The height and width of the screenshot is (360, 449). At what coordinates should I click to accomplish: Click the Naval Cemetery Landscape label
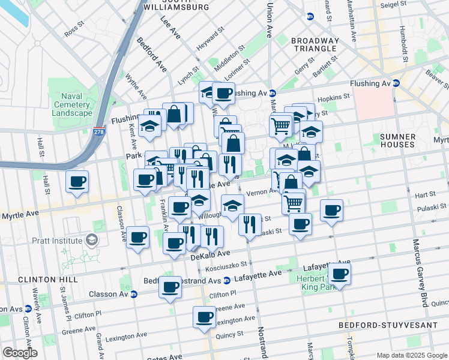(72, 105)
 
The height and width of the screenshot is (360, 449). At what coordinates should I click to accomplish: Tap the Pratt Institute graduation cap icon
(91, 241)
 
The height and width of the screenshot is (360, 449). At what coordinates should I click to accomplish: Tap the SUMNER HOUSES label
(397, 141)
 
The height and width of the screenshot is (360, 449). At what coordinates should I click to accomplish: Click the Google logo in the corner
(20, 353)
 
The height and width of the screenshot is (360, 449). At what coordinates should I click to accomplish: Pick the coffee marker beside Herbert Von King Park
(340, 274)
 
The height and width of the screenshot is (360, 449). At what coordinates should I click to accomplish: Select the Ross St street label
(74, 29)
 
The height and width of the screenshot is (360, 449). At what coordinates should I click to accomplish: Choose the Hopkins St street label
(334, 97)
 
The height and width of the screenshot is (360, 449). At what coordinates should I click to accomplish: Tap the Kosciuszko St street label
(228, 264)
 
